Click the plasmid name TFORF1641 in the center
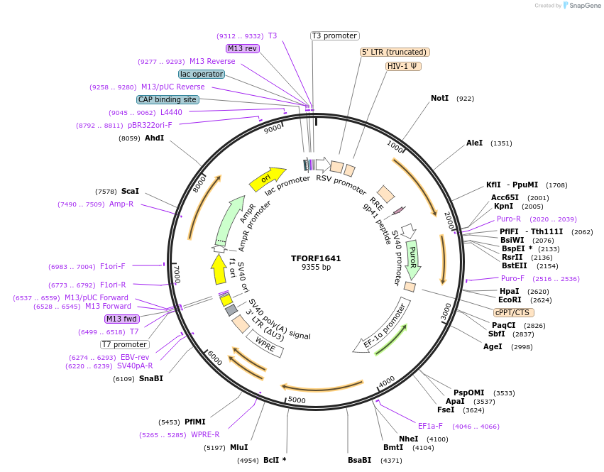316,258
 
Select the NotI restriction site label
439,98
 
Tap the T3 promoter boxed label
335,35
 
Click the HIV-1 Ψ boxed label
403,66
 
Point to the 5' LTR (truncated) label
395,52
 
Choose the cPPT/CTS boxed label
514,312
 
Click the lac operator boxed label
202,74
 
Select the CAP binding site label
168,100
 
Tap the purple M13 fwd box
121,319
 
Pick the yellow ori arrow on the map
267,179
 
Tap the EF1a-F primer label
430,426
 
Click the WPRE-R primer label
205,434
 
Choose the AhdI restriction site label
154,138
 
